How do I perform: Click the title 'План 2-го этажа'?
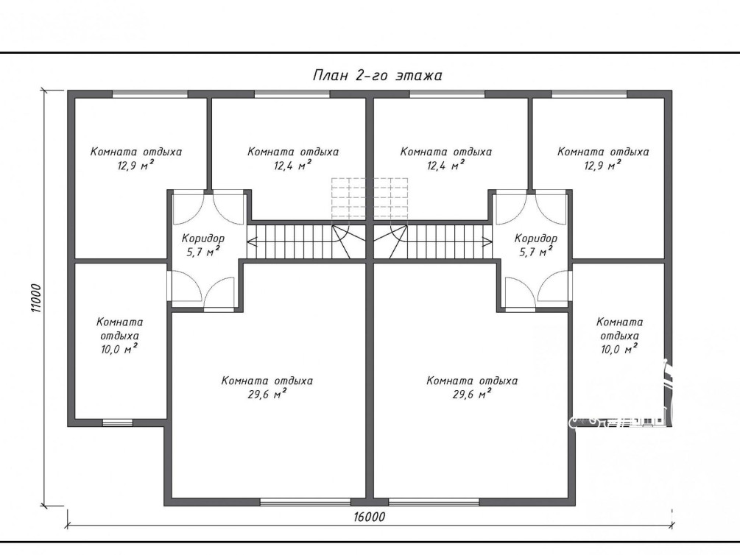377,76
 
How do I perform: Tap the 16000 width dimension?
369,517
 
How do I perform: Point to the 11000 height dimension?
36,298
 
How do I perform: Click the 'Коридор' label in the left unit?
203,238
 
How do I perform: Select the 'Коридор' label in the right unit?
535,238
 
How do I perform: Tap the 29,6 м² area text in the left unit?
267,394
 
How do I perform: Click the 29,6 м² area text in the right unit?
472,394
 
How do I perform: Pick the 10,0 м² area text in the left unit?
119,349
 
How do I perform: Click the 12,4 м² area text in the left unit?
292,165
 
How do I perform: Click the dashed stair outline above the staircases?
370,198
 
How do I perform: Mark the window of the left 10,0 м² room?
118,423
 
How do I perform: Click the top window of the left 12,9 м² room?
150,94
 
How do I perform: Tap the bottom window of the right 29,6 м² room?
434,502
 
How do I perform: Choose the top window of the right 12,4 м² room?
448,94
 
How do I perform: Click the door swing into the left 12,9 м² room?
188,208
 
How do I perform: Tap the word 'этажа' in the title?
419,76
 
